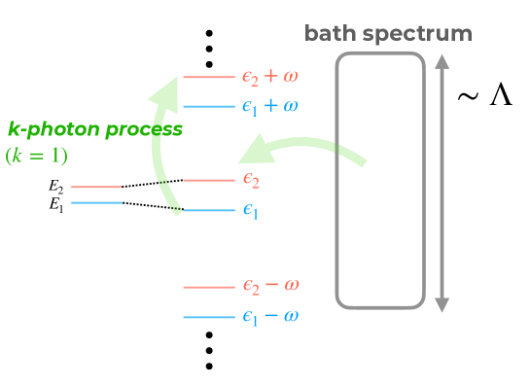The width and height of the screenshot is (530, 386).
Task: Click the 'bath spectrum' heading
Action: point(388,34)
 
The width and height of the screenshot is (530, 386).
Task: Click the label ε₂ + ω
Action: point(270,76)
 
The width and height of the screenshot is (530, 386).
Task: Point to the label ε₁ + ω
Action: point(270,106)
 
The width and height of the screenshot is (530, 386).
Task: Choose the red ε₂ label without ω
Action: point(251,180)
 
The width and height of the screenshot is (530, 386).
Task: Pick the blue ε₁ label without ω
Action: point(251,211)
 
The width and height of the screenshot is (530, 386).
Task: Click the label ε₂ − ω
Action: point(270,286)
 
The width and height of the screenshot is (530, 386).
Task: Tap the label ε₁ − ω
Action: point(270,317)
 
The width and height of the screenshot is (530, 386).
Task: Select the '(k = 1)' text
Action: point(37,156)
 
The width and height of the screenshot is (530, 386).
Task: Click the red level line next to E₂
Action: point(95,186)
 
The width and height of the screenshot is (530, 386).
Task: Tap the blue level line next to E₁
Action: point(95,202)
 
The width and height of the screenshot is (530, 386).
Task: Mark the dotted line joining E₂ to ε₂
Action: point(151,183)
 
